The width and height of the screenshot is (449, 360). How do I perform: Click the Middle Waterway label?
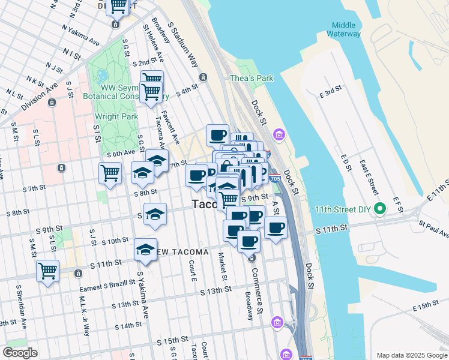pyautogui.click(x=344, y=29)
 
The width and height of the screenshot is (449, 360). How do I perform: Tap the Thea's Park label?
pyautogui.click(x=252, y=78)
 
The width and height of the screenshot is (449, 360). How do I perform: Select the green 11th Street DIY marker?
pyautogui.click(x=379, y=210)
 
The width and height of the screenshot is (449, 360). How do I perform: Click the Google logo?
pyautogui.click(x=20, y=353)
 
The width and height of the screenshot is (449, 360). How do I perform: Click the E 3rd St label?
pyautogui.click(x=330, y=92)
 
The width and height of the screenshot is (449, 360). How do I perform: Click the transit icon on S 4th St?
pyautogui.click(x=204, y=77)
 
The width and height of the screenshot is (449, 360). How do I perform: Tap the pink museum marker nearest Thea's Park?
pyautogui.click(x=278, y=133)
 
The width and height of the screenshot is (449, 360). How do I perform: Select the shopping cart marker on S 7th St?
pyautogui.click(x=110, y=173)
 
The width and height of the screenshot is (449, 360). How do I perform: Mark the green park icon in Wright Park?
pyautogui.click(x=102, y=76)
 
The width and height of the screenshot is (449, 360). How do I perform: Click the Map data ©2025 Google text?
pyautogui.click(x=411, y=355)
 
